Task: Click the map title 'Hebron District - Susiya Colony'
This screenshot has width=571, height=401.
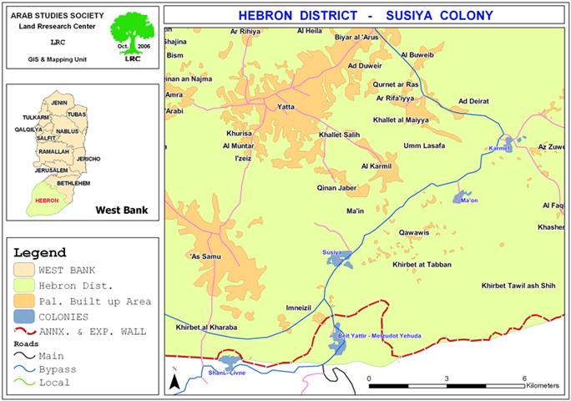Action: tap(366, 15)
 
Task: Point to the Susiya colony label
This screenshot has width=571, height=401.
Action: tap(333, 251)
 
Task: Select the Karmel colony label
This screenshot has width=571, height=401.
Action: tap(498, 148)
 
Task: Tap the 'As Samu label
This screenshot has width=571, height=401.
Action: tap(206, 256)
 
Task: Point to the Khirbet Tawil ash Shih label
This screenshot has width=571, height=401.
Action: tap(518, 286)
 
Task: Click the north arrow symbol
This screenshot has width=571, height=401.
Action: tap(174, 380)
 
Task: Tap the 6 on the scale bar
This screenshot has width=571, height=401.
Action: tap(523, 378)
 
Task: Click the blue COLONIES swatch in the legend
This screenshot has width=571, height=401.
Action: tap(29, 317)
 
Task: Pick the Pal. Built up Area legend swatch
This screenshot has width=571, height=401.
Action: tap(29, 300)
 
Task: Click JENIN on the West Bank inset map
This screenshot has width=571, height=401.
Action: tap(58, 102)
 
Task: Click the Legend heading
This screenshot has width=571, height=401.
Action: tap(40, 253)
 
